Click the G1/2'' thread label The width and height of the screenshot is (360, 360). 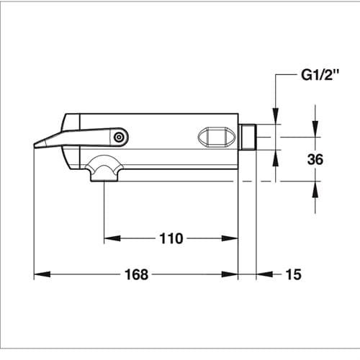click(320, 75)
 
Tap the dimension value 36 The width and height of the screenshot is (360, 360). click(315, 159)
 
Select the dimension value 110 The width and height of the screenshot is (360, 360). click(171, 238)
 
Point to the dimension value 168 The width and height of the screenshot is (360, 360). click(136, 274)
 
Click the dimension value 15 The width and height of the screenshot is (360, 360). click(293, 274)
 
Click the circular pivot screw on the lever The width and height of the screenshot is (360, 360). click(118, 138)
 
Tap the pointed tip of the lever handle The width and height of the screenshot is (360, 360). click(35, 145)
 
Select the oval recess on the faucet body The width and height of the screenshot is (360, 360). click(217, 137)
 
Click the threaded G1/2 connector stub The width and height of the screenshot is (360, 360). click(248, 137)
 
